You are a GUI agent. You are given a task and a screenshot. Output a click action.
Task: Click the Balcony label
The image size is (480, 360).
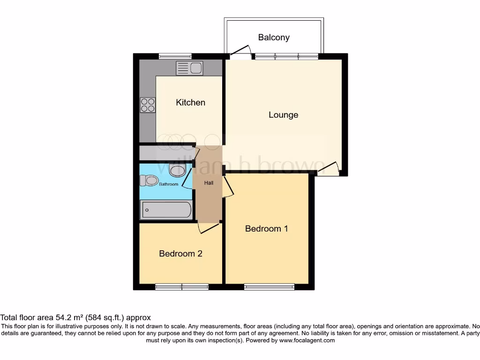click(x=274, y=37)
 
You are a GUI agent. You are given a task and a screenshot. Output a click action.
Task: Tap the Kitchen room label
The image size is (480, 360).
click(x=190, y=102)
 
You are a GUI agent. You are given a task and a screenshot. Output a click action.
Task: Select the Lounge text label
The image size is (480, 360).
click(x=283, y=115)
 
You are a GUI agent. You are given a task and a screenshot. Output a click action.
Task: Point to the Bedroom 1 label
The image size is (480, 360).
click(x=266, y=229)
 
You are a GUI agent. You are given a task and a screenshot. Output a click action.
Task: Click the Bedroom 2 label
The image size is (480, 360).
click(x=180, y=254)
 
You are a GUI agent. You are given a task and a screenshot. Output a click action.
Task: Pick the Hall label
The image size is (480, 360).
click(x=209, y=183)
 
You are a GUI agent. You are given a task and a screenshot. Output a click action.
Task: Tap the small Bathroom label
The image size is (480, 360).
click(x=168, y=184)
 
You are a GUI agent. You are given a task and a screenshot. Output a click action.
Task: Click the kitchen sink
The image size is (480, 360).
click(x=189, y=68)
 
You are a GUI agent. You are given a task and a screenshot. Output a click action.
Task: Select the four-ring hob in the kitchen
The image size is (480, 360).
click(x=148, y=105)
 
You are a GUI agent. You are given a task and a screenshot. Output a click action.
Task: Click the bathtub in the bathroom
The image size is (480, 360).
click(x=166, y=210)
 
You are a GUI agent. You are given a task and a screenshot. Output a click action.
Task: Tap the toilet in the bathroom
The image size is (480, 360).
click(x=150, y=180)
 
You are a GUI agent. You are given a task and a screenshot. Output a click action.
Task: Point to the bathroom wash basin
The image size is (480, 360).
click(x=177, y=170)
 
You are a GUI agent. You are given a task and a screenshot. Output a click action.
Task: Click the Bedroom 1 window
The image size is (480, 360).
click(x=269, y=287)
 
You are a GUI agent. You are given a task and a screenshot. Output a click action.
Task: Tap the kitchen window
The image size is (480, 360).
click(x=175, y=56)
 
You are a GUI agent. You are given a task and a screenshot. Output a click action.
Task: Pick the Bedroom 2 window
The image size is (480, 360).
click(x=182, y=287)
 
